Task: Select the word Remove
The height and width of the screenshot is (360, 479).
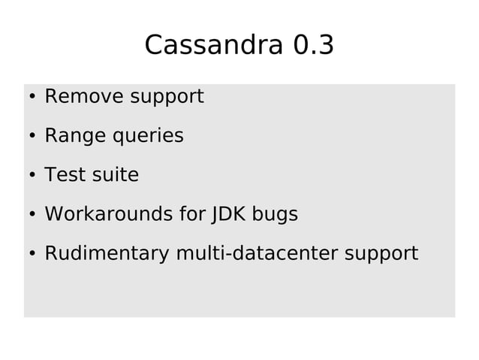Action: (x=84, y=97)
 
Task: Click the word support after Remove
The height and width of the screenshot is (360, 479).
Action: (x=166, y=98)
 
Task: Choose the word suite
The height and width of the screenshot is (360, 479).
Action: (x=114, y=175)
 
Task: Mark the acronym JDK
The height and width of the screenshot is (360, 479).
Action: (x=228, y=214)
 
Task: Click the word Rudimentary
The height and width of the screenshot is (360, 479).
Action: (x=107, y=254)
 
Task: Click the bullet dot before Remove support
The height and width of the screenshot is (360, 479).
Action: (x=32, y=98)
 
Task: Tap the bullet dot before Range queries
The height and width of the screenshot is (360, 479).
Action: (x=32, y=138)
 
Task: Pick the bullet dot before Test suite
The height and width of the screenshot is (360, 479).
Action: (x=32, y=177)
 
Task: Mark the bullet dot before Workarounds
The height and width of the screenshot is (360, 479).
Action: (x=32, y=216)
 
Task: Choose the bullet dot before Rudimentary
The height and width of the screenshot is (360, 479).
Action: (x=32, y=255)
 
